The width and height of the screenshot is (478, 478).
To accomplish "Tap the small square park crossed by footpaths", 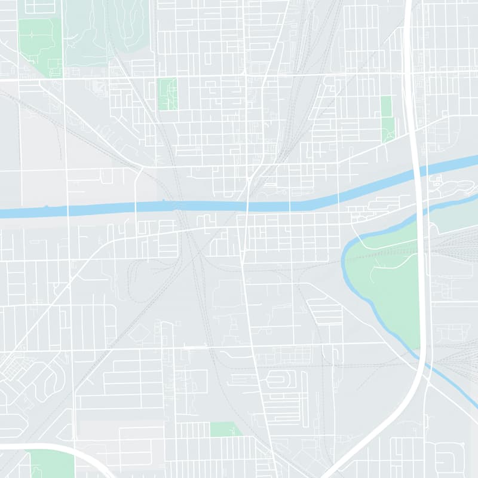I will tap(167, 94).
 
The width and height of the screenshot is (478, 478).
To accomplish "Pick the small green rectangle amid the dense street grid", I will tap(225, 429).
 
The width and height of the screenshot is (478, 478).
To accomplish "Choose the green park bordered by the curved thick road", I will tap(51, 463).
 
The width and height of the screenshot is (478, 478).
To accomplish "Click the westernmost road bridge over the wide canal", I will tap(68, 210).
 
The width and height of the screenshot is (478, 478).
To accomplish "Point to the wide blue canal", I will tap(179, 207).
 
